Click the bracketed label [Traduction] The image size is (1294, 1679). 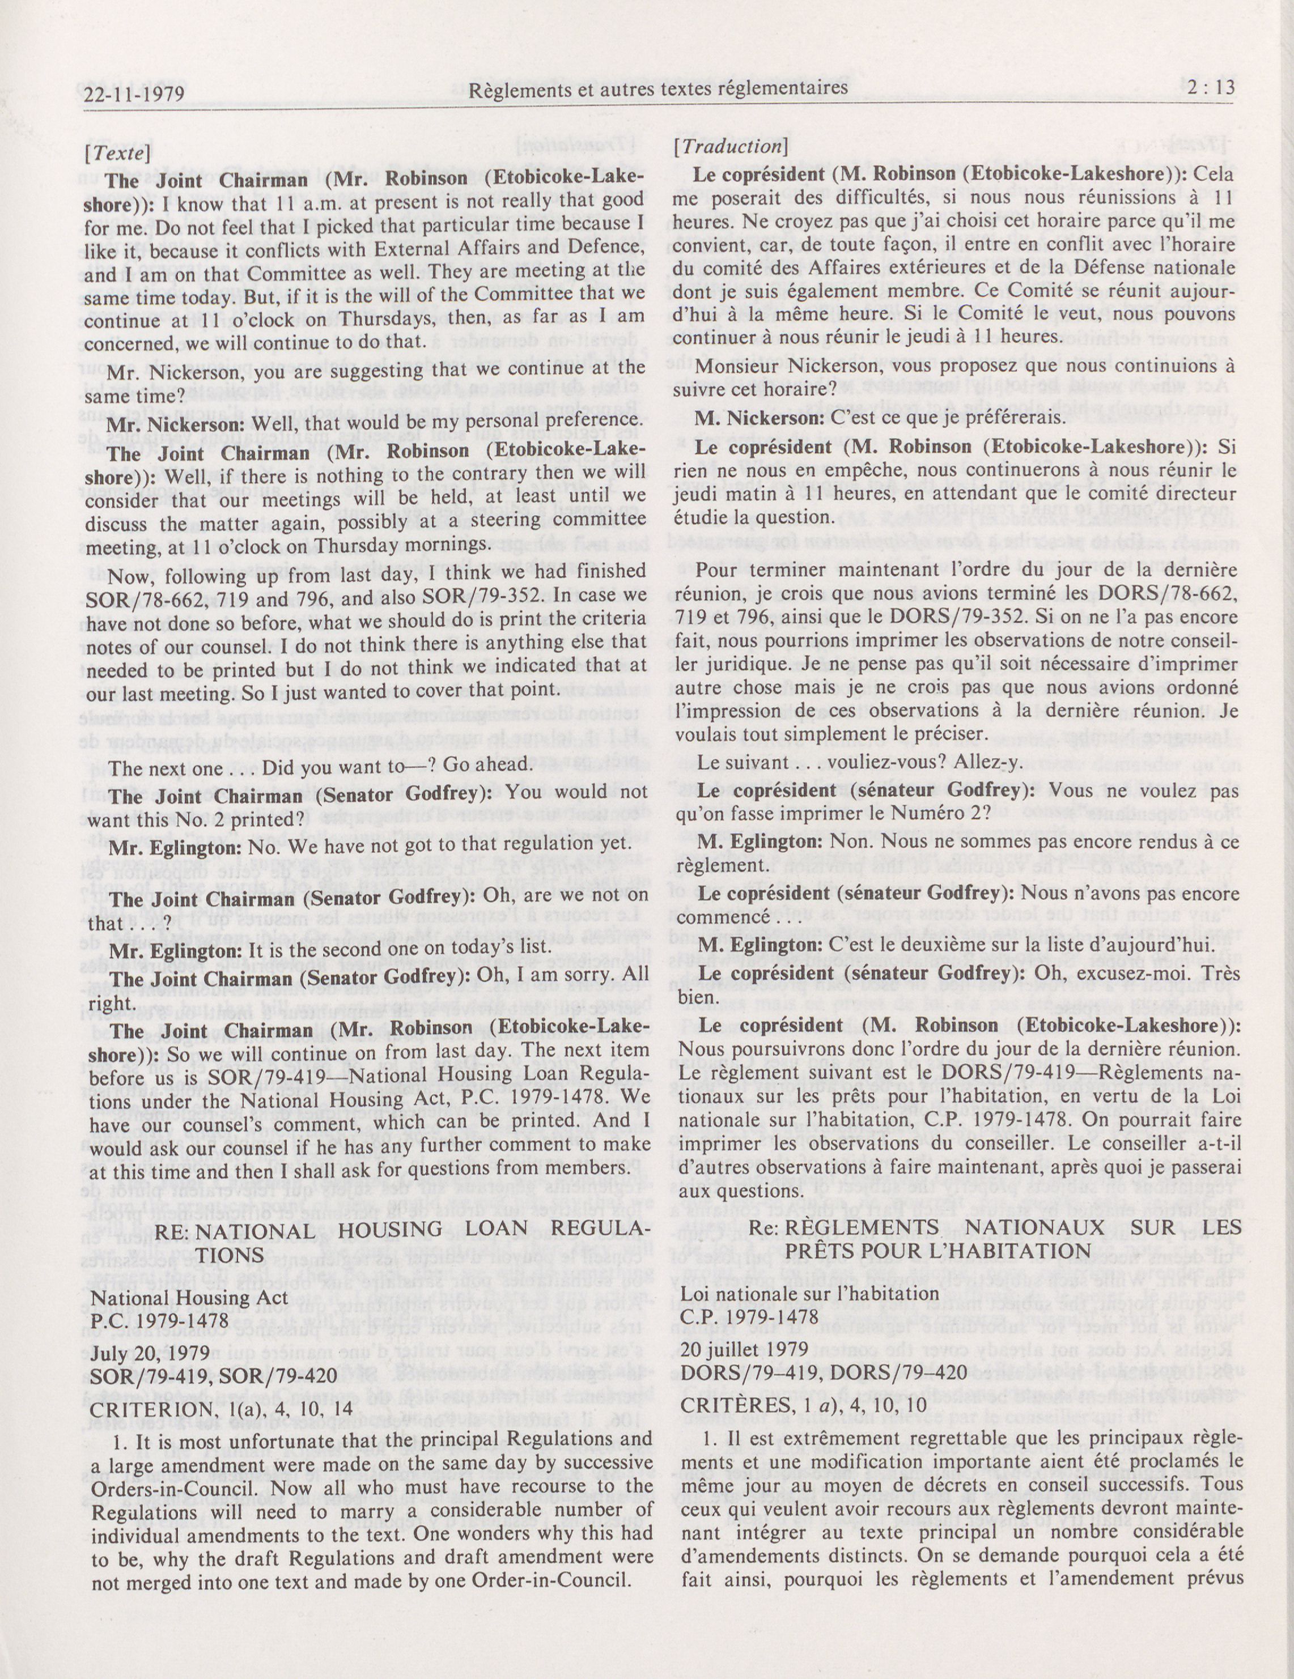727,146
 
